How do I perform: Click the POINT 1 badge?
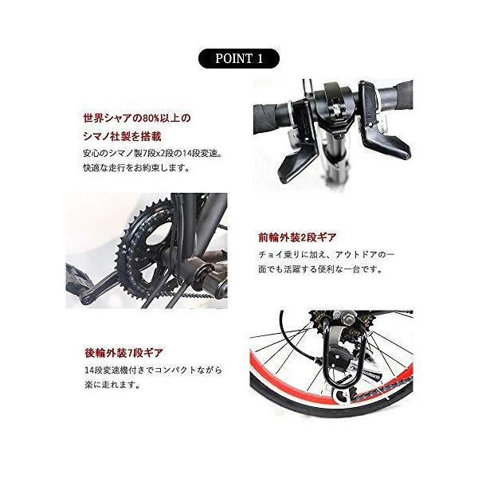click(238, 58)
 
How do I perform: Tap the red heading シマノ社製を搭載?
click(127, 135)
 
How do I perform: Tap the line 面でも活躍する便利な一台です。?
click(319, 269)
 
